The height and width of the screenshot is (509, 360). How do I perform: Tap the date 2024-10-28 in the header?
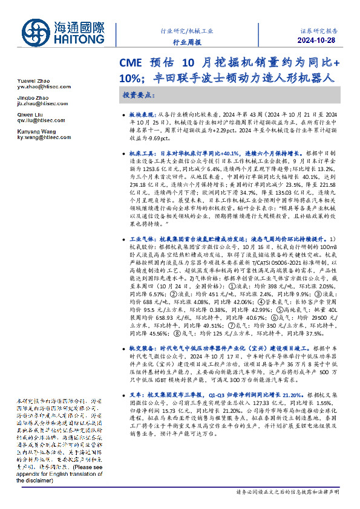pyautogui.click(x=320, y=41)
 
